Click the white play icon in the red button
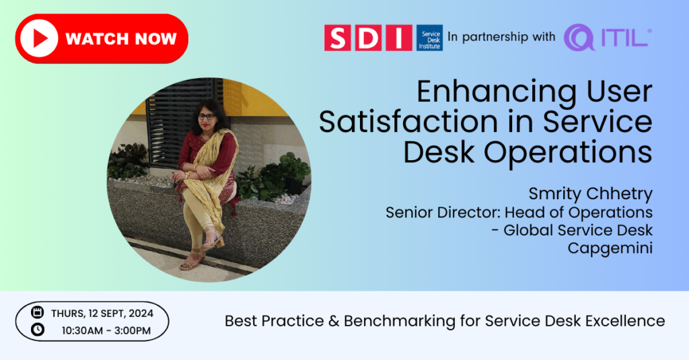coord(39,38)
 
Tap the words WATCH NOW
coord(121,38)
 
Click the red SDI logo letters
coord(368,38)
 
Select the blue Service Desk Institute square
coord(429,38)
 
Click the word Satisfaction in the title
coord(408,122)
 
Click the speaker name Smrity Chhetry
coord(590,194)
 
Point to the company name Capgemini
coord(610,248)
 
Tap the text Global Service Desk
coord(578,230)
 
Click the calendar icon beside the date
coord(38,312)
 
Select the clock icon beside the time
coord(38,329)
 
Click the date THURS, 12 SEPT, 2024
coord(102,314)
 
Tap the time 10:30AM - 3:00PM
coord(106,330)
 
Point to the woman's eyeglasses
coord(207,116)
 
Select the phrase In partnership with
coord(501,37)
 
